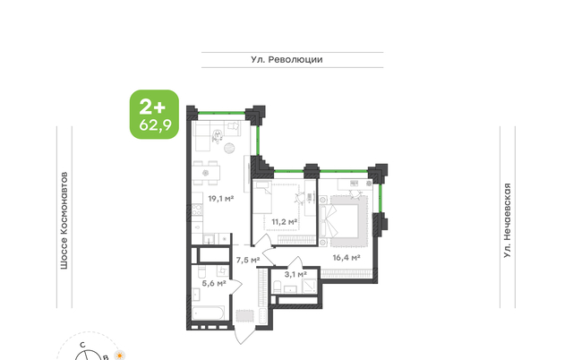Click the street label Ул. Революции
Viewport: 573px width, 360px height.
(286, 60)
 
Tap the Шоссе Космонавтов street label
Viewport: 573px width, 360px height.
(64, 221)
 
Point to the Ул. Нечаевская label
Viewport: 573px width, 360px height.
(508, 221)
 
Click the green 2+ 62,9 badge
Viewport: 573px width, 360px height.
(155, 115)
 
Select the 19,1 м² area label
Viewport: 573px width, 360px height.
(221, 199)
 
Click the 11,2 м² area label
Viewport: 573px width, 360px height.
(285, 222)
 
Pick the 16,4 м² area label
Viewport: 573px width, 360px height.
(346, 258)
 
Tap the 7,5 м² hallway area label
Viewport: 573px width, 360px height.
(248, 260)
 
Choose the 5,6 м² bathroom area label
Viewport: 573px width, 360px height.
(214, 283)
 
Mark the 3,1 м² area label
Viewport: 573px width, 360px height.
(295, 274)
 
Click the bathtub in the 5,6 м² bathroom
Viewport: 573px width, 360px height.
(208, 313)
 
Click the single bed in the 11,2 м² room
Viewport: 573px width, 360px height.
(262, 197)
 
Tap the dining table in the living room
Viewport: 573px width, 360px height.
(207, 173)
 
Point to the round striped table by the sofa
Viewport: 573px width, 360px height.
(229, 148)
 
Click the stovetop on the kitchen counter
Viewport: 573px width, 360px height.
(197, 210)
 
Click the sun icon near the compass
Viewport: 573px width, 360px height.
(119, 356)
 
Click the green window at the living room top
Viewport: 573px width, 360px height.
(221, 113)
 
